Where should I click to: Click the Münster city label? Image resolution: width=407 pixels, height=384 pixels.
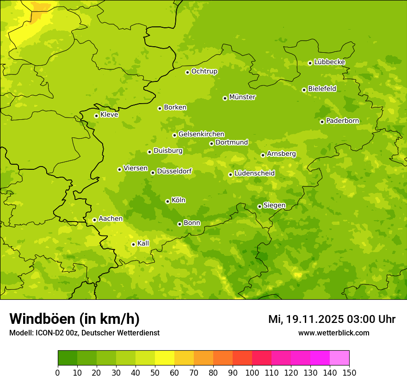tap(242, 97)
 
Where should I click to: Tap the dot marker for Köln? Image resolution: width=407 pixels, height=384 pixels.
tap(167, 201)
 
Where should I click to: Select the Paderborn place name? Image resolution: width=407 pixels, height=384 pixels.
tap(342, 121)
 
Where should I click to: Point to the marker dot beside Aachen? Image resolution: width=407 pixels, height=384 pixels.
tap(94, 220)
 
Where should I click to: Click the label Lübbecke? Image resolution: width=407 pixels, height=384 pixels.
tap(329, 62)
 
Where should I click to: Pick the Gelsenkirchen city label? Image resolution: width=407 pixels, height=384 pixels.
tap(201, 134)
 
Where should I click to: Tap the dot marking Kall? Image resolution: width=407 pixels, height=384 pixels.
tap(133, 244)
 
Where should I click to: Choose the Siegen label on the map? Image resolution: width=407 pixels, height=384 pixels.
tap(274, 205)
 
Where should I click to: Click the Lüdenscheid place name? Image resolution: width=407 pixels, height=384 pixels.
tap(254, 173)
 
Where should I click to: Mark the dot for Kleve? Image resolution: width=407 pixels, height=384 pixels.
tap(96, 116)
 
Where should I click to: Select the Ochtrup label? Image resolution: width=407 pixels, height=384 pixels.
tap(204, 71)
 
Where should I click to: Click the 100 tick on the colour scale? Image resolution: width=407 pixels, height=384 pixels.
tap(252, 372)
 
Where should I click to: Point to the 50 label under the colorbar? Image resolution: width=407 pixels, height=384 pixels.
tap(155, 372)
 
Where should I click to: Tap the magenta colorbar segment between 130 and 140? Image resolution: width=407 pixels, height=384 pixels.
tap(320, 358)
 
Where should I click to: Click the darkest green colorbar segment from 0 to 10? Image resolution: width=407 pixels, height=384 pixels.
tap(67, 358)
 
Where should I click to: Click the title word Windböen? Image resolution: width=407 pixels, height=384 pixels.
tap(42, 319)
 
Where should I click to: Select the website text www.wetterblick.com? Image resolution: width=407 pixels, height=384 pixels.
tap(333, 333)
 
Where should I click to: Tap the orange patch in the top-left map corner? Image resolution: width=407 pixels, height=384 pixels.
tap(39, 14)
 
